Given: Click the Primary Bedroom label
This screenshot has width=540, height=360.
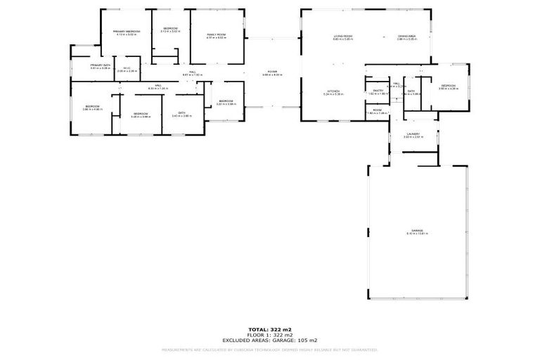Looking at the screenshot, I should coord(128,32).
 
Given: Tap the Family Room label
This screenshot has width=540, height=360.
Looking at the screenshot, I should coord(216,34).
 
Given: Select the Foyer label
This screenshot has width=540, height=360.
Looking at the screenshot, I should coord(272,71).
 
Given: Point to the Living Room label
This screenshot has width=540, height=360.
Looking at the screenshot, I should coord(343,36).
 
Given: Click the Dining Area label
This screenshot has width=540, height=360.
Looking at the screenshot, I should coord(407,36).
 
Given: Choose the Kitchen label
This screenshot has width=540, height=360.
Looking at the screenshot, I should coord(333,91).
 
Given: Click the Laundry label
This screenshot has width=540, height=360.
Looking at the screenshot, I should coord(413,134).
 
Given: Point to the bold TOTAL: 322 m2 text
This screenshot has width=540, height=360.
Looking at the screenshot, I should coord(269,329).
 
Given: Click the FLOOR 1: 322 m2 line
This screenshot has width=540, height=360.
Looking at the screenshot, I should coord(269,334).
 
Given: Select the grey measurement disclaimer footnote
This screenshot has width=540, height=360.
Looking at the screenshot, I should coord(269,349).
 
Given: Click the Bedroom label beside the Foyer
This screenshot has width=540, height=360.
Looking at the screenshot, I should coord(226,101).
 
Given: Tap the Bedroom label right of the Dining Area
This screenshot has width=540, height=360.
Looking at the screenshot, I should coord(448,86).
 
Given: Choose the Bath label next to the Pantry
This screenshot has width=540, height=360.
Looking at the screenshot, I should coord(411,91).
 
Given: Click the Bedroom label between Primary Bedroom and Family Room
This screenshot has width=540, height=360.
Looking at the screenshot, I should coord(170,29).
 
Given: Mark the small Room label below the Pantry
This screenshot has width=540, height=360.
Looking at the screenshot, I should coord(378,110).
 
